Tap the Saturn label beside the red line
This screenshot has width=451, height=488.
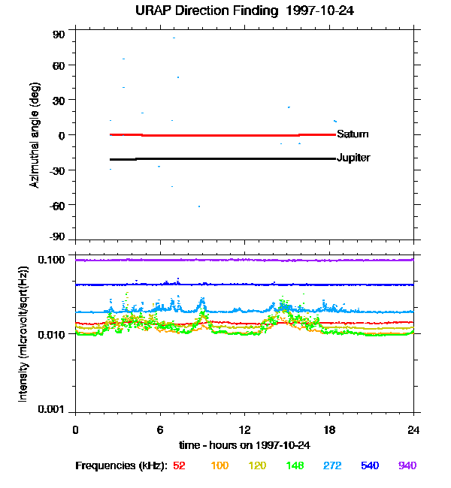click(353, 134)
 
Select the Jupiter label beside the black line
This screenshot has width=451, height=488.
click(353, 158)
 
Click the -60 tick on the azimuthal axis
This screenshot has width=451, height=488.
click(58, 205)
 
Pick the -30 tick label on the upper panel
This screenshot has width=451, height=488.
click(58, 170)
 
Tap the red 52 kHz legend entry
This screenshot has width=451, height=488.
click(179, 465)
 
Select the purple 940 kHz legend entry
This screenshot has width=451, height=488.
click(407, 465)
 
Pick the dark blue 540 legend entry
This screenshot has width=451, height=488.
click(370, 465)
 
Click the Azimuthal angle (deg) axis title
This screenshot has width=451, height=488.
click(34, 135)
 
